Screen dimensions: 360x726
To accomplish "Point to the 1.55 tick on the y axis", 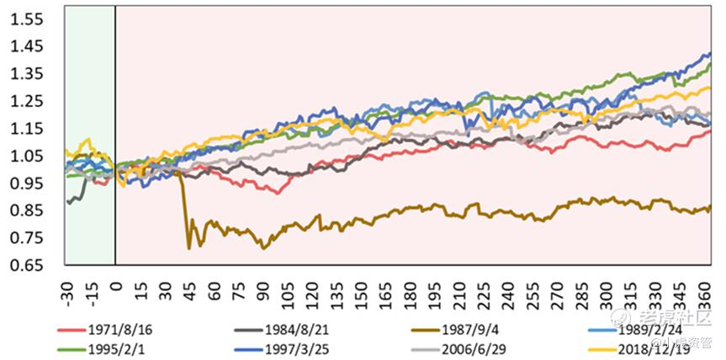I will (x=25, y=19).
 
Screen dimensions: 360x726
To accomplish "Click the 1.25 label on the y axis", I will (x=25, y=101).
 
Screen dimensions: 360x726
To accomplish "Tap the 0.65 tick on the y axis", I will (x=25, y=266).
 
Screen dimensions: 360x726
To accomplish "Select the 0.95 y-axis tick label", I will (x=25, y=183).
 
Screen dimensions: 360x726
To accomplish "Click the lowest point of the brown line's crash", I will (x=189, y=247).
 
